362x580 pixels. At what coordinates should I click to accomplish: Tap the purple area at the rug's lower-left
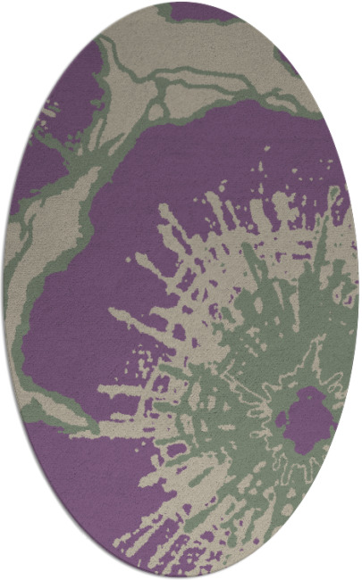coord(80,482)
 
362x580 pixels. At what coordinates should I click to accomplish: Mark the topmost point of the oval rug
coord(181,3)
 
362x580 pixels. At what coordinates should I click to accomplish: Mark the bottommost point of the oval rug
coord(181,577)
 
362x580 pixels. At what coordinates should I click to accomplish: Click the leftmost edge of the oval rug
coord(4,290)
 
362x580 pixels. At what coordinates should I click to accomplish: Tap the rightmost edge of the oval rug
coord(358,290)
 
